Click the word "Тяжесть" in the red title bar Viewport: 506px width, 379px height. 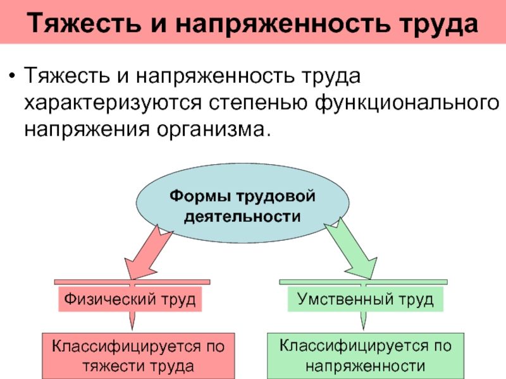(x=84, y=23)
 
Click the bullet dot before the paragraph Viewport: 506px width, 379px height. (x=12, y=76)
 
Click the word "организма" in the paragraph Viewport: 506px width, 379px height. (x=211, y=130)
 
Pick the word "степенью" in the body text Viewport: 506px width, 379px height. (x=258, y=103)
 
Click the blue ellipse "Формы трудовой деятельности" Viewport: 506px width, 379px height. (x=242, y=202)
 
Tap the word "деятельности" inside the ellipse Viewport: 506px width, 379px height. (x=242, y=216)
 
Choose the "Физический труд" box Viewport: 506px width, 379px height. (x=130, y=299)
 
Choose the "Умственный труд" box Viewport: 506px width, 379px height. (x=366, y=299)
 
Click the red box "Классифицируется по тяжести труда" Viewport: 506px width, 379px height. (x=139, y=356)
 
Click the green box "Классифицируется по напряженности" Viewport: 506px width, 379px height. (x=366, y=356)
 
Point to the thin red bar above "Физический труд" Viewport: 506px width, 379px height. (x=132, y=282)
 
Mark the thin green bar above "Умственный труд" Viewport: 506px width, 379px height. (x=363, y=282)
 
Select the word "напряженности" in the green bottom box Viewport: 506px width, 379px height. (x=366, y=366)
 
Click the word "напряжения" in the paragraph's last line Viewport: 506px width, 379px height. (x=87, y=130)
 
